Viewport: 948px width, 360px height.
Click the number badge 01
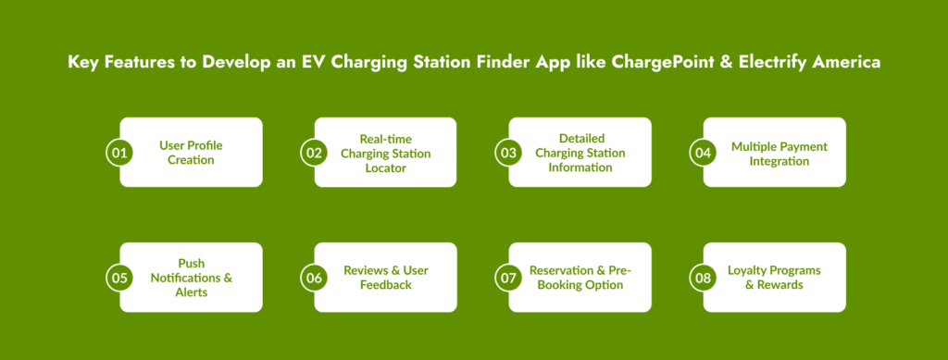119,152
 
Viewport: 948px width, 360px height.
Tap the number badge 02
315,152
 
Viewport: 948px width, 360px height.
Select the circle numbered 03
508,152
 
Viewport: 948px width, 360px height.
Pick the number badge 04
704,152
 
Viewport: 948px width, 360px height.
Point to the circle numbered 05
119,278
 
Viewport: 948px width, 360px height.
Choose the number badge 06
315,278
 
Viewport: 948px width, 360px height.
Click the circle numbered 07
508,278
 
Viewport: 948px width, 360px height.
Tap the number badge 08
704,278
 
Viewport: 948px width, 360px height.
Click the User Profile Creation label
191,153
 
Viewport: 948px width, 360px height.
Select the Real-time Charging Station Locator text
386,153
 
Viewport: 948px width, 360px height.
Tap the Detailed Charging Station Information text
580,153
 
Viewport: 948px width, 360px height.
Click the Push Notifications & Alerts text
191,278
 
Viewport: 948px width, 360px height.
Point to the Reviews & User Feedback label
386,278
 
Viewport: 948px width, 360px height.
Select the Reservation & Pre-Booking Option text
580,278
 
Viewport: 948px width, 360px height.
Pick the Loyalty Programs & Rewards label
775,278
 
